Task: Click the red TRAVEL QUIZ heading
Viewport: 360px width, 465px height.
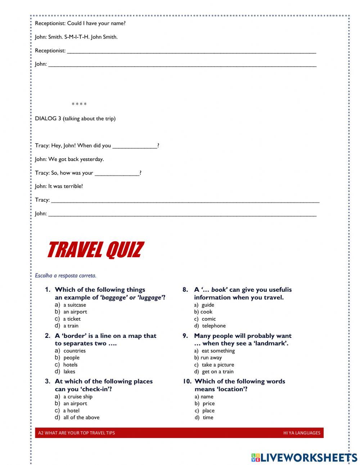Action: [x=95, y=250]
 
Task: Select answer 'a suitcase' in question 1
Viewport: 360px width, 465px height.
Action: [x=74, y=305]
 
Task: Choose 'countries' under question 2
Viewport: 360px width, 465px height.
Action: [x=74, y=350]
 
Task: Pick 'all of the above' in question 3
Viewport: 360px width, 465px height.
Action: [x=81, y=417]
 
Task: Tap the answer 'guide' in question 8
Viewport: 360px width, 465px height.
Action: [x=208, y=305]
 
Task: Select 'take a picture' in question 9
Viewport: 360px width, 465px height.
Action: [x=217, y=365]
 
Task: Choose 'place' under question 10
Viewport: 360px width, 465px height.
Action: [x=208, y=411]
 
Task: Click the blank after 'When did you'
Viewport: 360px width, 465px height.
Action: [x=135, y=146]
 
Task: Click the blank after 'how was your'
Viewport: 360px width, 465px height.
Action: [x=117, y=173]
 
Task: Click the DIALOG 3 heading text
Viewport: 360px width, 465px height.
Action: [x=75, y=119]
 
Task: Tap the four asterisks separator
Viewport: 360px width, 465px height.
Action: [x=79, y=104]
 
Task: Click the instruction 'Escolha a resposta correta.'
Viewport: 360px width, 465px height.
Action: [x=66, y=276]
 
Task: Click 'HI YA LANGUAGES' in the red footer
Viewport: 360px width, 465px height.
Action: [x=301, y=433]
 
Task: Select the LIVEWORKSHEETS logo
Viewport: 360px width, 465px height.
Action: [x=304, y=457]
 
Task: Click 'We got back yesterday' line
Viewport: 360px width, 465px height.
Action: [x=69, y=159]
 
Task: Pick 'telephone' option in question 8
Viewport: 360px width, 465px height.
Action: [x=213, y=326]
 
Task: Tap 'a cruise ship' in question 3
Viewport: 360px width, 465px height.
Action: [x=77, y=397]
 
